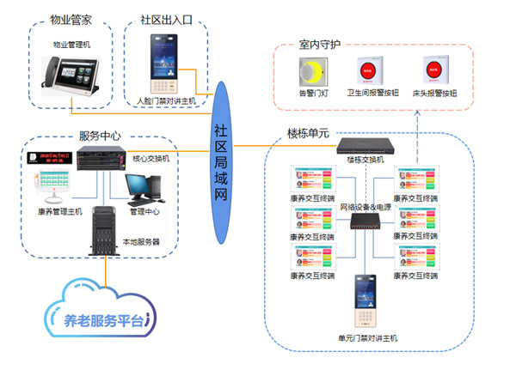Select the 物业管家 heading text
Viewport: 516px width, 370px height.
click(72, 18)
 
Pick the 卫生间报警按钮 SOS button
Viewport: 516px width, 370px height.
click(371, 70)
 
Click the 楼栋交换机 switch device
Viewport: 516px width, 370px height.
click(371, 145)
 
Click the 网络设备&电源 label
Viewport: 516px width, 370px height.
click(371, 207)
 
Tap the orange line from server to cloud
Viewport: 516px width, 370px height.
click(107, 270)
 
